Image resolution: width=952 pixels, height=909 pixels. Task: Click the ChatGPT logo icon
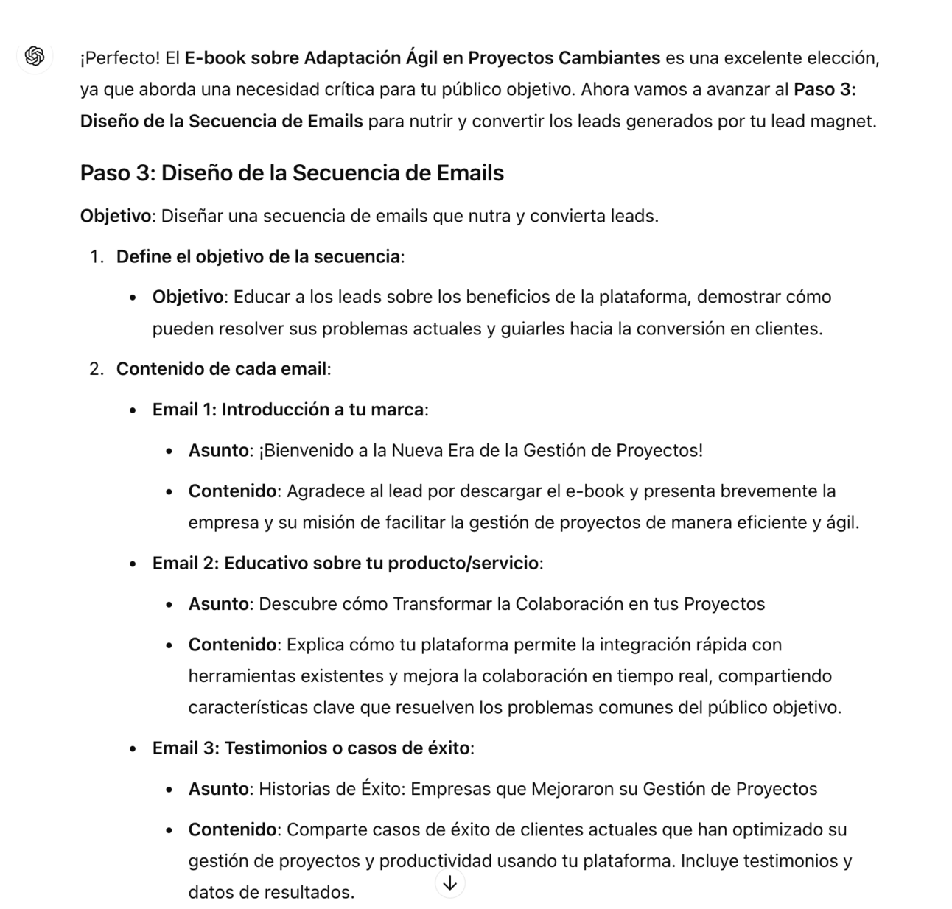(x=35, y=56)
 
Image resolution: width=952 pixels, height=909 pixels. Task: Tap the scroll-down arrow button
(x=449, y=882)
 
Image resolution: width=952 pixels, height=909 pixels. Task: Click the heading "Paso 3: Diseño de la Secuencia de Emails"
(x=292, y=173)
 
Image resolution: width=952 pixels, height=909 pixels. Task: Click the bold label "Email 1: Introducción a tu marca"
(x=288, y=410)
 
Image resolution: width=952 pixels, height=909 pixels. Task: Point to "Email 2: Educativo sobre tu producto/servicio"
(x=346, y=564)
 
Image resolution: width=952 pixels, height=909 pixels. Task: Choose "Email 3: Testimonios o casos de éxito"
(x=311, y=748)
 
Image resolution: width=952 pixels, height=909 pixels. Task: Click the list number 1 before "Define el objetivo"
(x=96, y=257)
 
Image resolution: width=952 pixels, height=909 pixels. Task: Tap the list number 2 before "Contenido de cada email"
(x=96, y=369)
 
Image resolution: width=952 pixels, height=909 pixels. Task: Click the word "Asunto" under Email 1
(x=218, y=450)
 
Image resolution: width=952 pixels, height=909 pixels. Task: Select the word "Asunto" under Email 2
(x=218, y=604)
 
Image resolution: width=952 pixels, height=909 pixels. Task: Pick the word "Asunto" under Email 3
(x=218, y=789)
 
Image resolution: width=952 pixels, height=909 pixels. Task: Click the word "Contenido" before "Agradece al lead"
(x=232, y=491)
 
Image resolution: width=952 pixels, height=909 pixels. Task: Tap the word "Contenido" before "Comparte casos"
(x=232, y=829)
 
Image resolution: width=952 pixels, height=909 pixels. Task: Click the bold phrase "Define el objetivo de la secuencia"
(x=258, y=257)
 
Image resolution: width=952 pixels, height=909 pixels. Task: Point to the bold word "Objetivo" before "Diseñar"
(x=115, y=216)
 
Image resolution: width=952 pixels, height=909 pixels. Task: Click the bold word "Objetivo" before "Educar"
(x=187, y=297)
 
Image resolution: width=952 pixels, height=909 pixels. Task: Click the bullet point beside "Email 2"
(x=133, y=564)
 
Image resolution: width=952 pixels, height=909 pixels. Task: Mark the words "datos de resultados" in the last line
(x=270, y=893)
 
